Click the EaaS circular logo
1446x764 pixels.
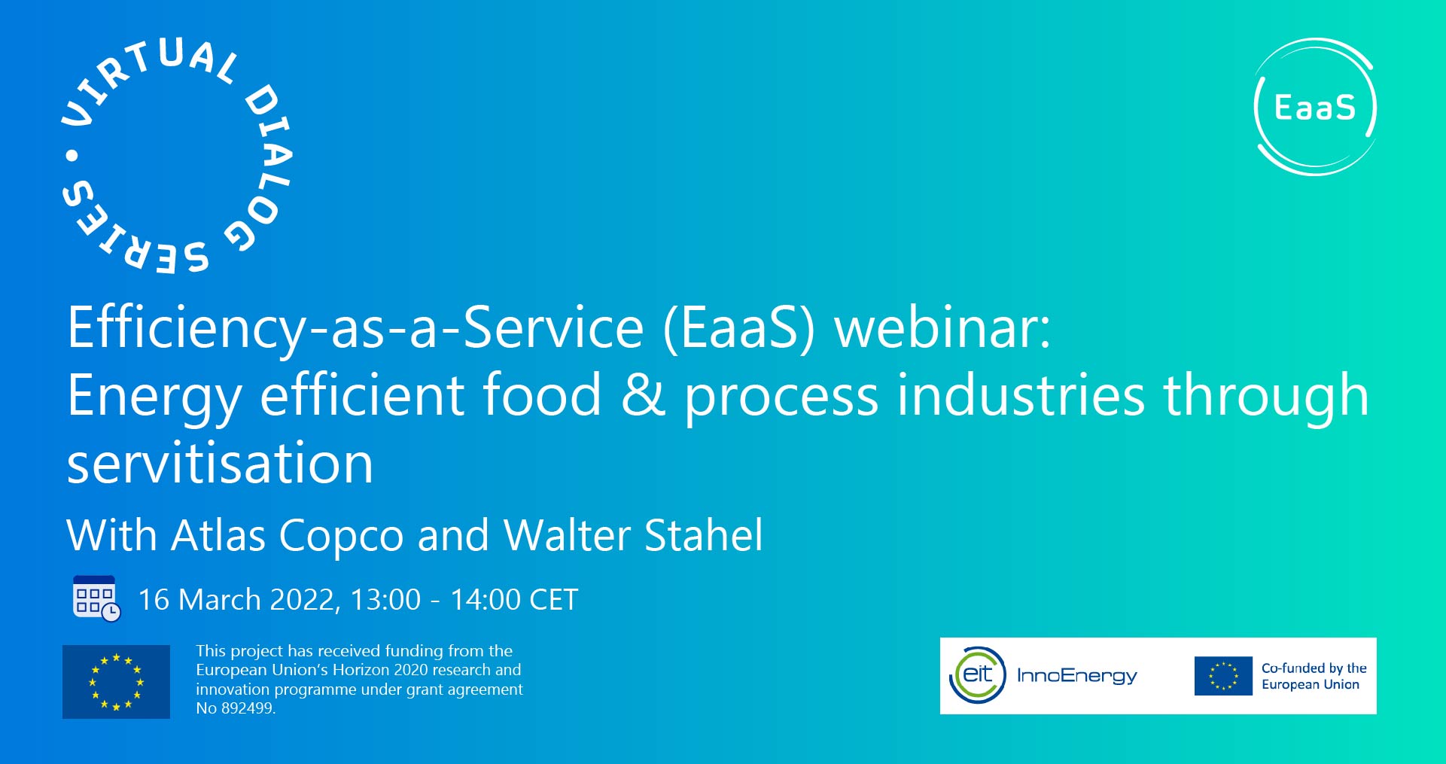(1315, 107)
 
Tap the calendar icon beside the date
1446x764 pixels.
(96, 599)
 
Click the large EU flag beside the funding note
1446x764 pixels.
(116, 682)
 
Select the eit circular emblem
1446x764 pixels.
(978, 675)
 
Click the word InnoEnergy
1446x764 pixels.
(1076, 676)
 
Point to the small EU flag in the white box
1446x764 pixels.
(1223, 676)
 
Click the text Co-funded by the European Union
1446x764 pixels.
(1314, 676)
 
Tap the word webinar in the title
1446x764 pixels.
(942, 328)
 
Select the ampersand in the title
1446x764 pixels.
(643, 396)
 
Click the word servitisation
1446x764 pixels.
(220, 464)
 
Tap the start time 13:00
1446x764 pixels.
(385, 600)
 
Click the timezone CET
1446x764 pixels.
(553, 600)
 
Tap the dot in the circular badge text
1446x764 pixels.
(72, 156)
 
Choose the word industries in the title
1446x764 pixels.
(1021, 396)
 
